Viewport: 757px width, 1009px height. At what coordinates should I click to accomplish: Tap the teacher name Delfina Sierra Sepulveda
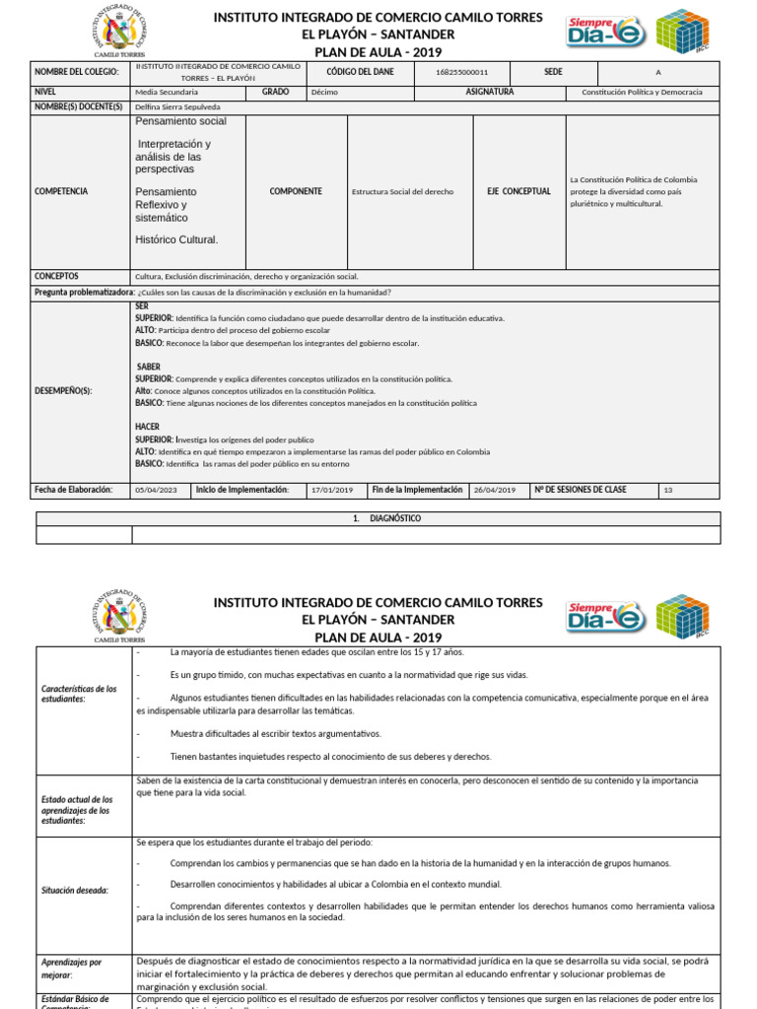[177, 106]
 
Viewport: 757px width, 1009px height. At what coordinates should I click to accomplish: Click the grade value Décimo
[323, 92]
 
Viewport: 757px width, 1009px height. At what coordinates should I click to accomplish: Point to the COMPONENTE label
[296, 191]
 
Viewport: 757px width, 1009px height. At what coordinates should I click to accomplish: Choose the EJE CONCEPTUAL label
[519, 191]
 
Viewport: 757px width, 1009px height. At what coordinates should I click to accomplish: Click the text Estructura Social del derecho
[402, 192]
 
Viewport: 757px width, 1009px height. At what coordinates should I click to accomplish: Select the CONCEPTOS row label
[56, 277]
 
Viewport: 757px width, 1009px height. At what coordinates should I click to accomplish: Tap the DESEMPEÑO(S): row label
[63, 391]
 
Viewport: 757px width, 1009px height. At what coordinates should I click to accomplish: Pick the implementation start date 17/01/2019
[330, 490]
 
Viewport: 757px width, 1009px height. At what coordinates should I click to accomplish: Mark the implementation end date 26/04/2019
[495, 490]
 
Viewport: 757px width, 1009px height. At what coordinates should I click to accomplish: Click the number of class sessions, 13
[668, 490]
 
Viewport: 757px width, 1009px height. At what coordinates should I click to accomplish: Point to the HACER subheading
[148, 427]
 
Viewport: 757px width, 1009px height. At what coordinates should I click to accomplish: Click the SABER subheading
[148, 367]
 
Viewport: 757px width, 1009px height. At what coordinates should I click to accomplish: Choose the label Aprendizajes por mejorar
[71, 968]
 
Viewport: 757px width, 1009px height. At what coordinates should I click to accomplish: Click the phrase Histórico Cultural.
[176, 239]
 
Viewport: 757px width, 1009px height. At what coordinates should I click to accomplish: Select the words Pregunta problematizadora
[84, 293]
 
